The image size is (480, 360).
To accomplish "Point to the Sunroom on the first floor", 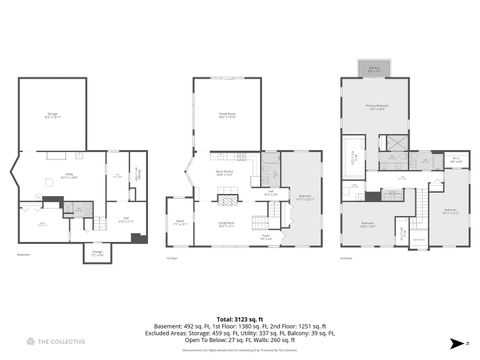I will [x=182, y=222].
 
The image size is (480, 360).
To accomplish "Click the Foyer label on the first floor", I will [x=267, y=238].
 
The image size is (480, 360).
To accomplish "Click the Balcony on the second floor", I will [x=374, y=69].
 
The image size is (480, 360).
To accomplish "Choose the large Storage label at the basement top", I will [x=52, y=116].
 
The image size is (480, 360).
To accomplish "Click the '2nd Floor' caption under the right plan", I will [x=346, y=256].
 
